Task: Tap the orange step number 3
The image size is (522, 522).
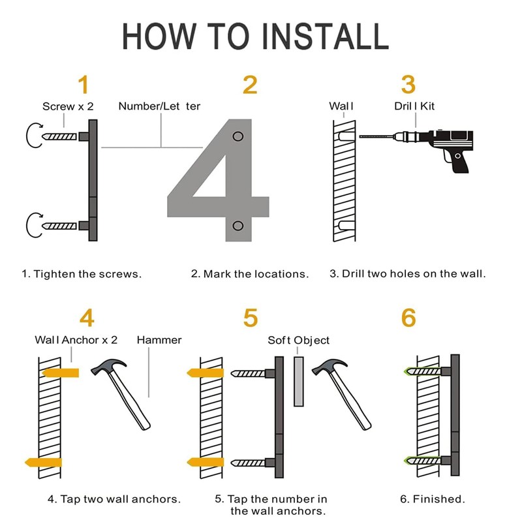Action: (x=408, y=85)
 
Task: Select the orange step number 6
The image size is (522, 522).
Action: (x=408, y=318)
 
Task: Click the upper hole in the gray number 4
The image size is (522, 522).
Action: (x=238, y=136)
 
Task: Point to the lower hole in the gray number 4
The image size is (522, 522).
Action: (x=238, y=226)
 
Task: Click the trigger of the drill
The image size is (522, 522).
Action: (x=447, y=157)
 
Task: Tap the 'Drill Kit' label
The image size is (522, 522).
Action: (x=414, y=106)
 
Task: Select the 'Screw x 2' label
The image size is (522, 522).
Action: (x=68, y=106)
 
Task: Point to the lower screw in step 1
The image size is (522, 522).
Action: (x=60, y=226)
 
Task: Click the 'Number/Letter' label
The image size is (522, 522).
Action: (x=159, y=106)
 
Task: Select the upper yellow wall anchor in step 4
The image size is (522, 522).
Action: (x=61, y=373)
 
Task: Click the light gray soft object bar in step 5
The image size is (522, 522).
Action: (x=299, y=382)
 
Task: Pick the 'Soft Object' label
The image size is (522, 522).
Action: (x=299, y=340)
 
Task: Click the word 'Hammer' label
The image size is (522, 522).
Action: (x=159, y=340)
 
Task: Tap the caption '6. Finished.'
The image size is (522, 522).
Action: (x=433, y=499)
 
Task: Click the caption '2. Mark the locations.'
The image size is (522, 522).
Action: (x=250, y=274)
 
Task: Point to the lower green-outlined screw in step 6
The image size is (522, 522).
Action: (x=422, y=461)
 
